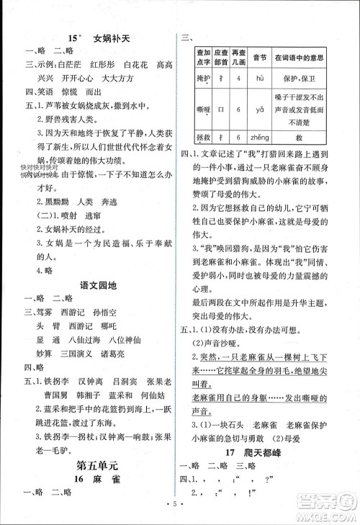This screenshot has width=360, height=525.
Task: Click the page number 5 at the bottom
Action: click(180, 514)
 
